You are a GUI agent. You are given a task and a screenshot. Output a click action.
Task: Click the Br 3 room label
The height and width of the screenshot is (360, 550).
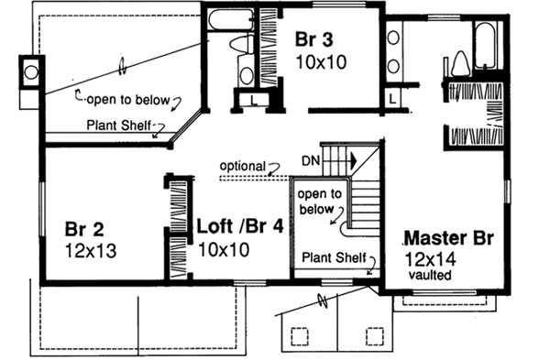[x=317, y=40]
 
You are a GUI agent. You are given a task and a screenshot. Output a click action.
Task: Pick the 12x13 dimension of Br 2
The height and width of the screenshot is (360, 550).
[x=89, y=249]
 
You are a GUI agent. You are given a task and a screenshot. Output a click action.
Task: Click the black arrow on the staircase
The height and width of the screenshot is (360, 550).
[x=350, y=158]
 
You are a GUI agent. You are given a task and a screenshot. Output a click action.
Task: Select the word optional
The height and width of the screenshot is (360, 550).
[x=240, y=166]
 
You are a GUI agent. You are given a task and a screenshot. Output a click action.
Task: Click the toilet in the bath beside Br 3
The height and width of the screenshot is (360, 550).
[x=239, y=43]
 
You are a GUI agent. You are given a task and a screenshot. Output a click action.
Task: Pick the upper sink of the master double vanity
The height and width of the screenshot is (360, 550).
[x=394, y=38]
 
